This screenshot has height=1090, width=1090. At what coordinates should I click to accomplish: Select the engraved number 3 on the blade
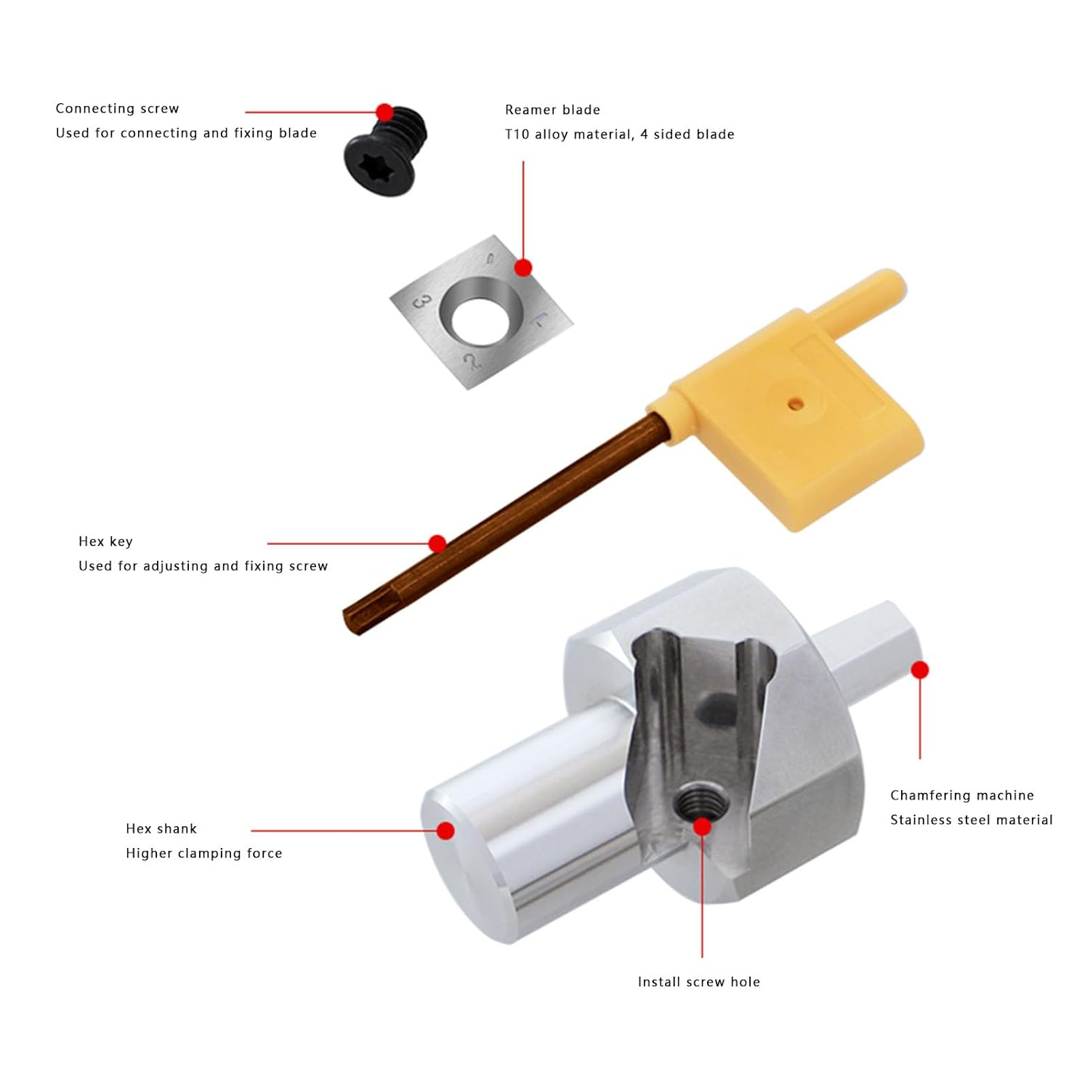click(422, 300)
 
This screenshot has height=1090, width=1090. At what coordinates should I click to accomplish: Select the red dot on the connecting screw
click(385, 112)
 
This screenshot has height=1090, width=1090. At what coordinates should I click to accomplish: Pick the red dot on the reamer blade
click(523, 268)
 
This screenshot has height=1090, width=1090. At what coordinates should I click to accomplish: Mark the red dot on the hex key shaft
click(437, 544)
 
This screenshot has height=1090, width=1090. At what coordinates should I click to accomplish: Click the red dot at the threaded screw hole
click(702, 826)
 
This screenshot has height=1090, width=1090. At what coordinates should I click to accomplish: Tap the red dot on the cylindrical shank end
click(445, 831)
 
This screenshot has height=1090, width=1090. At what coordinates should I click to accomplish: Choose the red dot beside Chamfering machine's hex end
click(920, 669)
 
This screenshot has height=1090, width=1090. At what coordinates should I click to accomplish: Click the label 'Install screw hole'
click(698, 982)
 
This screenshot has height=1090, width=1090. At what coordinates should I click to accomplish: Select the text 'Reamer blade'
click(552, 110)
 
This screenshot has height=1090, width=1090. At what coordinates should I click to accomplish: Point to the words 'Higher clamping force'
click(203, 853)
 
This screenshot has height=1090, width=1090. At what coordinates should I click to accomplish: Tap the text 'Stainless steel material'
click(971, 820)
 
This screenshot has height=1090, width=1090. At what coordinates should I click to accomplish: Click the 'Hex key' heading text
click(105, 541)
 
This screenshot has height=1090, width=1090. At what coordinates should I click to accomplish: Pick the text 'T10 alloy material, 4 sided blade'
click(619, 134)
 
